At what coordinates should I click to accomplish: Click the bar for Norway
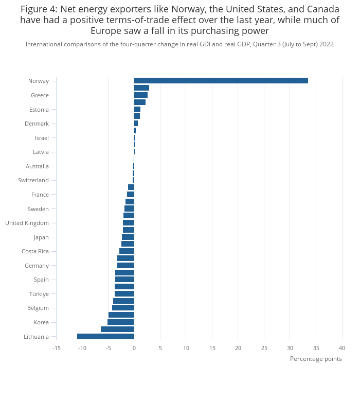pos(221,81)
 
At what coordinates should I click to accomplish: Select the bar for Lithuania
pos(106,337)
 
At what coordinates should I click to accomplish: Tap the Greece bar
pos(141,95)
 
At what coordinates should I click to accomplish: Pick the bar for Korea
pos(121,322)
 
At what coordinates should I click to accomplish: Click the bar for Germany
pos(125,266)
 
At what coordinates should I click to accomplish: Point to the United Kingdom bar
pos(129,223)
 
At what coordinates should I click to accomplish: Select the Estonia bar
pos(137,110)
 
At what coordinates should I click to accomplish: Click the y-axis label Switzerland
pos(33,180)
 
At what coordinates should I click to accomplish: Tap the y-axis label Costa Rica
pos(35,251)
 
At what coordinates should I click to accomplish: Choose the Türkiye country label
pos(39,294)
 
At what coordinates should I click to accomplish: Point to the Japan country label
pos(41,237)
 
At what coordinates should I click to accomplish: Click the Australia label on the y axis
pos(37,166)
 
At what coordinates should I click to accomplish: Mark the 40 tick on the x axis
pos(342,349)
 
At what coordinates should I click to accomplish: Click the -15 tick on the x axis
pos(56,349)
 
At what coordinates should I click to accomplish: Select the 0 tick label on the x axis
pos(134,349)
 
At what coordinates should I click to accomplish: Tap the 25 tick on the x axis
pos(264,349)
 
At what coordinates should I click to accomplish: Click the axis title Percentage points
pos(316,359)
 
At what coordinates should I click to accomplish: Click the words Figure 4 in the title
pos(39,9)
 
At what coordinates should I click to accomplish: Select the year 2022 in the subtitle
pos(326,44)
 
